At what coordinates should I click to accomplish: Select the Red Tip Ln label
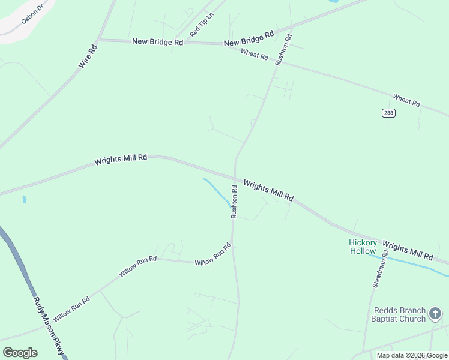pyautogui.click(x=202, y=25)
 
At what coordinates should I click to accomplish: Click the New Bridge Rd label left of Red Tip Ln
pyautogui.click(x=157, y=42)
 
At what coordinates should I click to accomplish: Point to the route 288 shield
pyautogui.click(x=388, y=113)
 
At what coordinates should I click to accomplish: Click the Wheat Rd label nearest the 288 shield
pyautogui.click(x=406, y=100)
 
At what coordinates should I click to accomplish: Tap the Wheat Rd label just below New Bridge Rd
pyautogui.click(x=254, y=55)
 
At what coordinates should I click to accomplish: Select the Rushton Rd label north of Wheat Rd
pyautogui.click(x=283, y=50)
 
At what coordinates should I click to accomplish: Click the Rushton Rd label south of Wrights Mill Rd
pyautogui.click(x=235, y=201)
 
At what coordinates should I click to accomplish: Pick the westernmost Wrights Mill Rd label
pyautogui.click(x=121, y=160)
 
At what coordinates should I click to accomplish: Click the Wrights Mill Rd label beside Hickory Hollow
pyautogui.click(x=407, y=251)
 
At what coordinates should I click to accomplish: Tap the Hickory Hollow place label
pyautogui.click(x=363, y=247)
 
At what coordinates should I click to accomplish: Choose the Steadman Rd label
pyautogui.click(x=381, y=269)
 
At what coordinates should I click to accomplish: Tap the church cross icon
pyautogui.click(x=436, y=314)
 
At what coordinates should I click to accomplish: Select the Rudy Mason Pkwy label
pyautogui.click(x=47, y=325)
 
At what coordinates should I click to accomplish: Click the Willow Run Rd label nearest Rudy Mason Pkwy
pyautogui.click(x=71, y=308)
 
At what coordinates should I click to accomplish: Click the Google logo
pyautogui.click(x=20, y=352)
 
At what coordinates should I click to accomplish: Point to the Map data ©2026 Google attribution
pyautogui.click(x=411, y=355)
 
